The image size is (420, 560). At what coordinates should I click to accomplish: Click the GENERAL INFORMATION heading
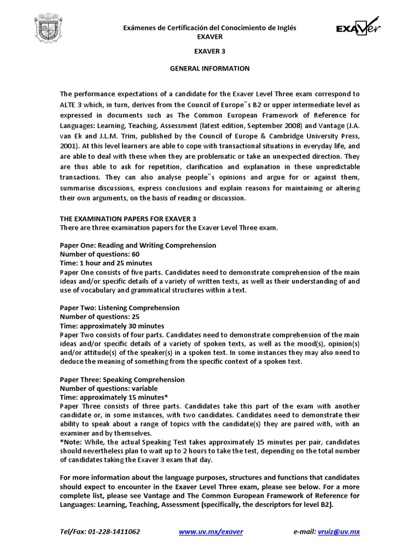click(x=210, y=69)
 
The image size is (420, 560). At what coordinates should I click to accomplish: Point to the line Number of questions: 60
click(x=100, y=254)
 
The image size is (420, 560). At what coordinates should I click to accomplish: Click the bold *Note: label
click(x=72, y=442)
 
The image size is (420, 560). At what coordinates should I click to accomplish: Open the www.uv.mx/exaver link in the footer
click(x=211, y=532)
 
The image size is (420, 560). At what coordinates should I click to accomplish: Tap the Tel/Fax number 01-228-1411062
click(x=116, y=532)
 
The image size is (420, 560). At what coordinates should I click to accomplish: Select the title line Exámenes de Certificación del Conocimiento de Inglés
click(x=210, y=28)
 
